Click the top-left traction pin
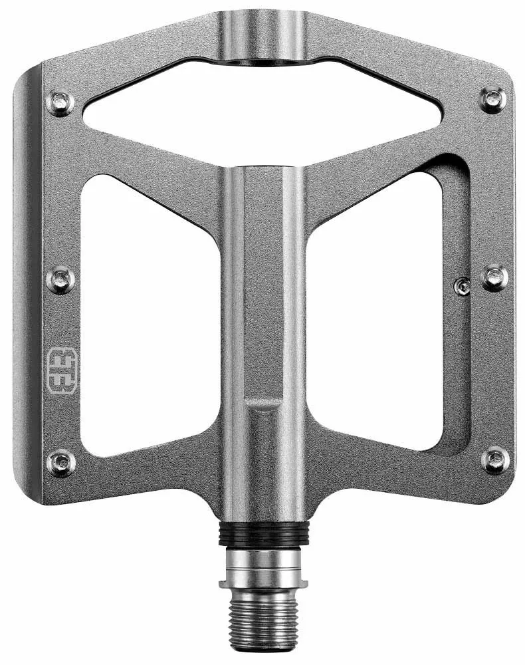pyautogui.click(x=60, y=102)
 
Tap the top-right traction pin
pyautogui.click(x=492, y=100)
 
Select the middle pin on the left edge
pyautogui.click(x=60, y=279)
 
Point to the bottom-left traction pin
pyautogui.click(x=60, y=462)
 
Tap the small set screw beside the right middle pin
pyautogui.click(x=463, y=287)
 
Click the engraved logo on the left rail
pyautogui.click(x=62, y=370)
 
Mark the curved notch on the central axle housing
pyautogui.click(x=263, y=403)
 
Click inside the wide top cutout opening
pyautogui.click(x=263, y=106)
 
